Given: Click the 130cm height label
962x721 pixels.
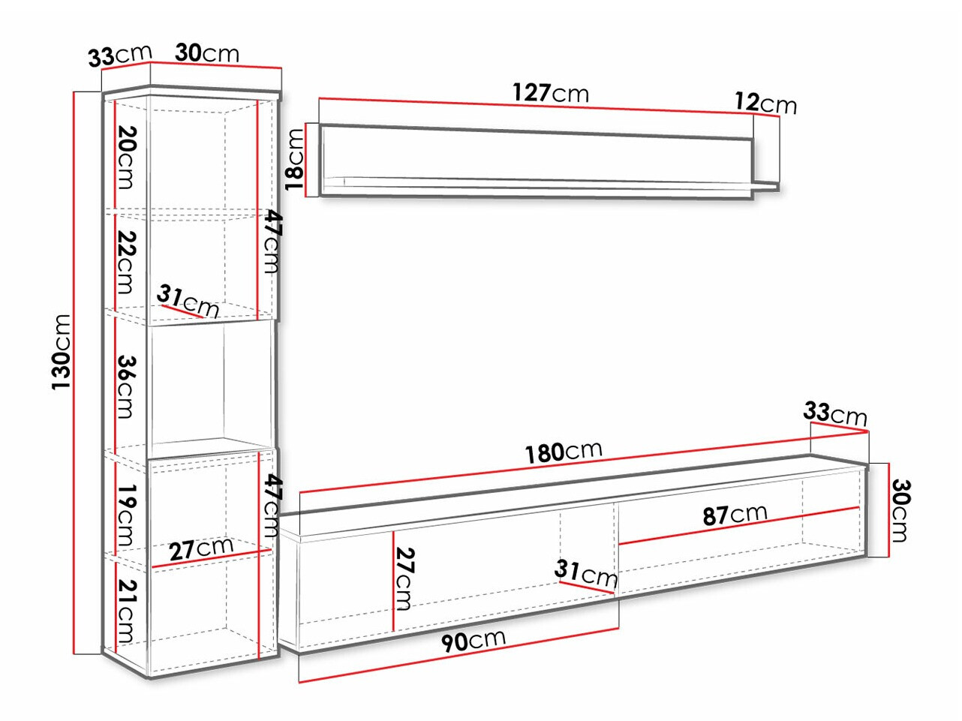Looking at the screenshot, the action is [x=62, y=352].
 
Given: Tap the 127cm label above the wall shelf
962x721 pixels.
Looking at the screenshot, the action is [x=551, y=93].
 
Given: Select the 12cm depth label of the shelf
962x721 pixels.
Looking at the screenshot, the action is [x=765, y=104].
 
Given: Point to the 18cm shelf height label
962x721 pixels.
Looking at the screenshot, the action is [x=294, y=159].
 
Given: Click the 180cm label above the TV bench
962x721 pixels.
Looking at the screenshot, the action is [x=564, y=452].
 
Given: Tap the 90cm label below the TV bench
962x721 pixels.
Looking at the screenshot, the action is [x=473, y=641].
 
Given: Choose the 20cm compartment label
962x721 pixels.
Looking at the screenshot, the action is [x=127, y=158].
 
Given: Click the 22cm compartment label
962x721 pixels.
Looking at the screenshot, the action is [x=127, y=263].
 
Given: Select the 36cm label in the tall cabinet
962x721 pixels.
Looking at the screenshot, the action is [x=127, y=387].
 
